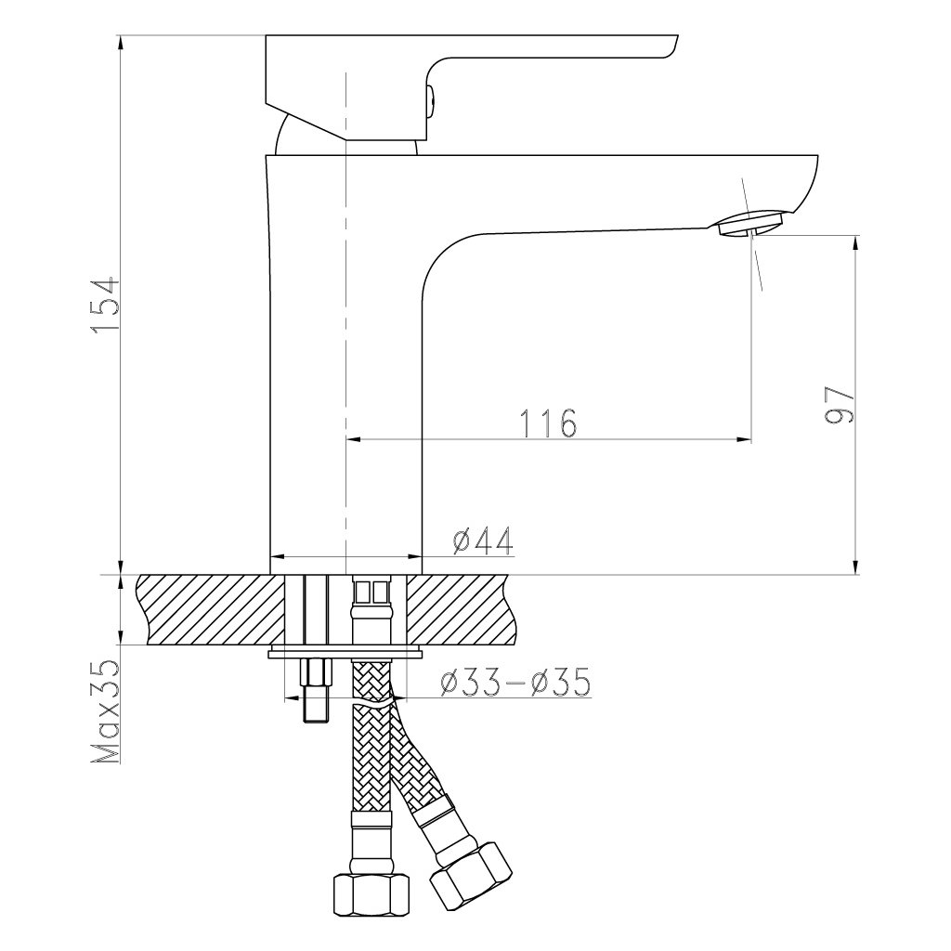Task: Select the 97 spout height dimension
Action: coord(840,405)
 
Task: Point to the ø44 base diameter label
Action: coord(483,541)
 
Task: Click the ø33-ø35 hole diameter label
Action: coord(515,683)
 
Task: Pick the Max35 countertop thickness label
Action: coord(105,712)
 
